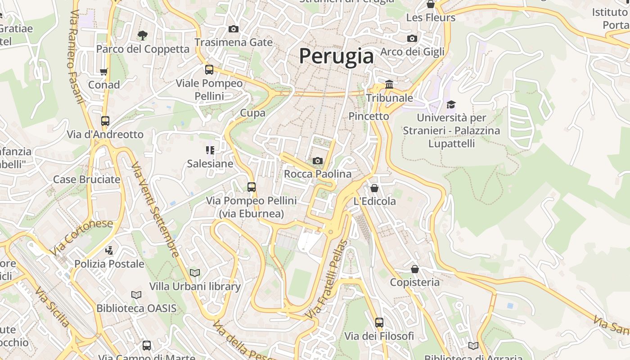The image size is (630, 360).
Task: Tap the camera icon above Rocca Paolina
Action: coord(318,161)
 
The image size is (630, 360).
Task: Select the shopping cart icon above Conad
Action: coord(104,72)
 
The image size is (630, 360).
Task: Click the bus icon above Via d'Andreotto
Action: coord(105,121)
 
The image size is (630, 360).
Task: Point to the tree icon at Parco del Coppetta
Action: coord(142,35)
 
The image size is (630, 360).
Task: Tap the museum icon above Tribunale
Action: coord(389,84)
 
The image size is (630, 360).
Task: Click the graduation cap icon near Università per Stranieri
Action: coord(451,105)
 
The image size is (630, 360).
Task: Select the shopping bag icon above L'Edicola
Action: coord(374,188)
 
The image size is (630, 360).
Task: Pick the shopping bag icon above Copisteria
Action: coord(415,269)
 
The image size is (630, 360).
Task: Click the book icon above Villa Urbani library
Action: coord(195,273)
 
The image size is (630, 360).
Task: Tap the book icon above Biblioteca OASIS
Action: coord(136,295)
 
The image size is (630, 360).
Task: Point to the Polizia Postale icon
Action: coord(109,250)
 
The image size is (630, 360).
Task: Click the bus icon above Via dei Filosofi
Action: coord(379,322)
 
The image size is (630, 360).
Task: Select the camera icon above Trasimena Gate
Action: coord(233,29)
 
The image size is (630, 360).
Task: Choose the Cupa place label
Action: coord(253,113)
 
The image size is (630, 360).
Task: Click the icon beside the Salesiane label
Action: coord(210,150)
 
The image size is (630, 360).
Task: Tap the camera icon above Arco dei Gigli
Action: coord(412,38)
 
